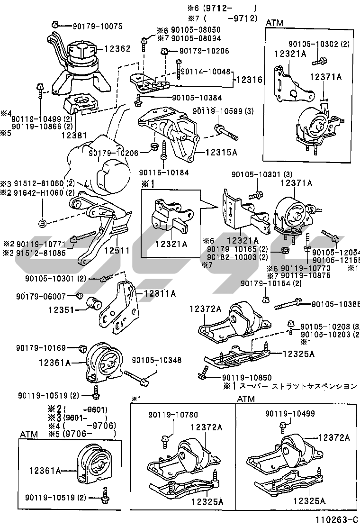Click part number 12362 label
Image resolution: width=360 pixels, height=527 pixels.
(117, 48)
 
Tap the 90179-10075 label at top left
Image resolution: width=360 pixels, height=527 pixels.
(97, 26)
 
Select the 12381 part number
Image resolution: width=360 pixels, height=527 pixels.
(73, 135)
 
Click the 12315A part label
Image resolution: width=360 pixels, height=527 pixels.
(221, 153)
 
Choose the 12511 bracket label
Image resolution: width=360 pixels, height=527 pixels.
(117, 250)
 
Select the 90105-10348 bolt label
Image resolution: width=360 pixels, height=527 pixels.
(156, 360)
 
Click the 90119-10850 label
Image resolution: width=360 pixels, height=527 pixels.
(246, 377)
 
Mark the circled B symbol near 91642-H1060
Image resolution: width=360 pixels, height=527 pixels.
(42, 222)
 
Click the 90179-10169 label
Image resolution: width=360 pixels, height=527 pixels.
(47, 348)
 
